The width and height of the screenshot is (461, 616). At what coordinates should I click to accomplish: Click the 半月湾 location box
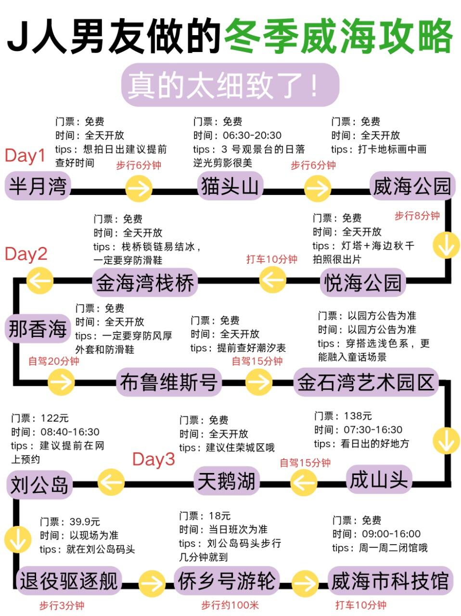coord(38,186)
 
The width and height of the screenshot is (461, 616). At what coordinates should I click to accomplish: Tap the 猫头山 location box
coord(230,186)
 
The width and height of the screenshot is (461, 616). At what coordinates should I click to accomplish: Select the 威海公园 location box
coord(412,186)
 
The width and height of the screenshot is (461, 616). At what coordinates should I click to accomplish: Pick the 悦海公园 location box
coord(362,282)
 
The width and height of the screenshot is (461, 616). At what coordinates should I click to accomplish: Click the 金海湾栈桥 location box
coord(145,282)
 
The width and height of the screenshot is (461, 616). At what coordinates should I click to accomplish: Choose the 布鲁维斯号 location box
coord(168,383)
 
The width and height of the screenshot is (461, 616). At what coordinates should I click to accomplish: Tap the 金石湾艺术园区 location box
coord(366,383)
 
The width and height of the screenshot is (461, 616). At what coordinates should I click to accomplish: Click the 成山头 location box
coord(378,480)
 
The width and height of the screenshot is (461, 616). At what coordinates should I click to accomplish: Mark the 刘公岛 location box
coord(39,485)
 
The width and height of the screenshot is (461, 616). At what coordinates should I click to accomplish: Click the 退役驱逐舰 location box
coord(68,581)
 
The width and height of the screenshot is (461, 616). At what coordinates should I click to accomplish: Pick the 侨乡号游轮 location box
coord(227,581)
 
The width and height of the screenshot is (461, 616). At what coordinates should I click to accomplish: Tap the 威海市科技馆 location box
coord(390,581)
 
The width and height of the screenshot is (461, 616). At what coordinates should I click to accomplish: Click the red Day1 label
coord(25,155)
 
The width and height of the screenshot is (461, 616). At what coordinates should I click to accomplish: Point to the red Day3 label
coord(154,460)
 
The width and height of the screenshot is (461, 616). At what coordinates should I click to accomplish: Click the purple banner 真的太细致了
coord(230,85)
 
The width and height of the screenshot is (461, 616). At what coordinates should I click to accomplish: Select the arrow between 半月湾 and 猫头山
coord(139,188)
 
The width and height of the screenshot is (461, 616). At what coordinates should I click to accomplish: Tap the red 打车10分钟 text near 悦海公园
coord(271,259)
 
